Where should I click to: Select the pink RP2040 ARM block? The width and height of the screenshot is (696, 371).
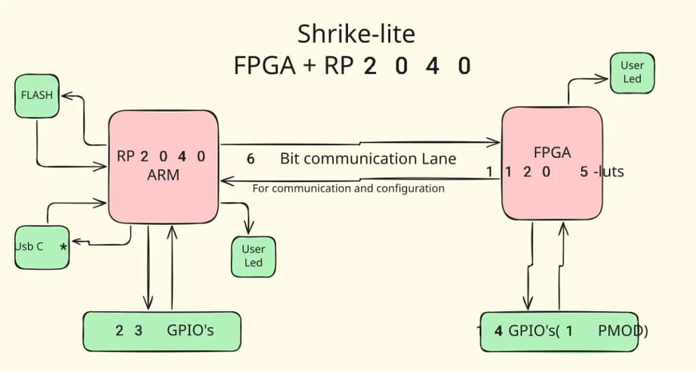(x=163, y=166)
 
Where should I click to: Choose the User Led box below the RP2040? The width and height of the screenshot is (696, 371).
(x=253, y=256)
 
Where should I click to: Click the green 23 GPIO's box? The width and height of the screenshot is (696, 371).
(x=162, y=331)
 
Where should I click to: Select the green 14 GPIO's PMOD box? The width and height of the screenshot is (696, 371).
(x=559, y=332)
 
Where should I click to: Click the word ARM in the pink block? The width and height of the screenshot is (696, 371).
(x=163, y=175)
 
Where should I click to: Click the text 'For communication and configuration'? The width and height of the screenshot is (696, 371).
(x=348, y=188)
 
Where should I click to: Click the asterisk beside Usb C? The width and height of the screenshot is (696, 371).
(x=63, y=247)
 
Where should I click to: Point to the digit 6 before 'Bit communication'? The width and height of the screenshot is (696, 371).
(x=250, y=158)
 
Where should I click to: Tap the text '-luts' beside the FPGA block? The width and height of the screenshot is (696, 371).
(x=608, y=172)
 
